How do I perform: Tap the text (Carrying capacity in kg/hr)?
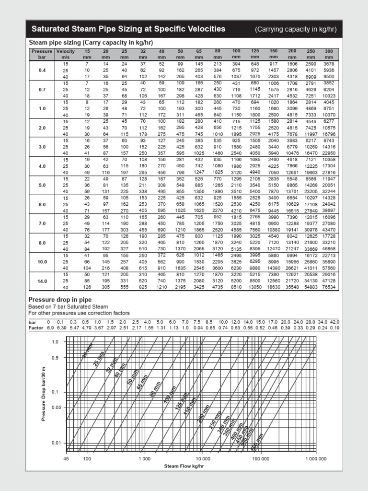pyautogui.click(x=296, y=29)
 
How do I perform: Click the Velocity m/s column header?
pyautogui.click(x=66, y=54)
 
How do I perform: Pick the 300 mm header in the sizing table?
pyautogui.click(x=328, y=54)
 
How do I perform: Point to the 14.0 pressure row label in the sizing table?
pyautogui.click(x=42, y=281)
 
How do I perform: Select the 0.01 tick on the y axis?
pyautogui.click(x=56, y=443)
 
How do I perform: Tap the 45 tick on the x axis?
pyautogui.click(x=67, y=459)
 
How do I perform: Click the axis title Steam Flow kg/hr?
pyautogui.click(x=184, y=466)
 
